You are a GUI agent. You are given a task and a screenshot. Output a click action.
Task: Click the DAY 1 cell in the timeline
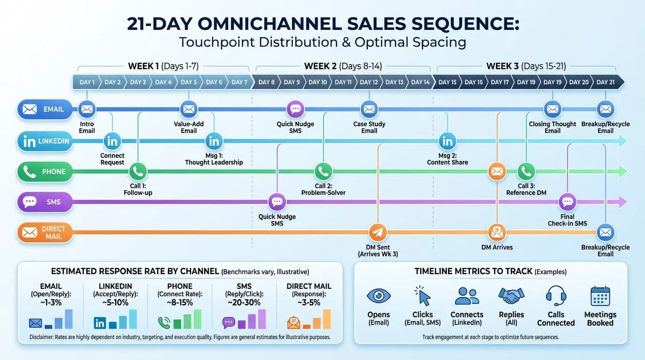pos(87,82)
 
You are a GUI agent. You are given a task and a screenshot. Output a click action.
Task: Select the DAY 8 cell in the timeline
pos(266,82)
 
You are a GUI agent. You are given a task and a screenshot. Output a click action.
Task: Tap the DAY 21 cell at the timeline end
pos(606,82)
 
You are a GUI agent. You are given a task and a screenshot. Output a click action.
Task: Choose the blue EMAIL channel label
pos(45,109)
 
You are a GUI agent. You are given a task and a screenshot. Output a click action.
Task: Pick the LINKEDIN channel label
pos(45,141)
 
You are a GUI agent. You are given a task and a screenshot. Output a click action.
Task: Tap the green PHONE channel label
pos(45,172)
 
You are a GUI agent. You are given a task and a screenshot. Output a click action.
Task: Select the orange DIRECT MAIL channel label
pos(45,232)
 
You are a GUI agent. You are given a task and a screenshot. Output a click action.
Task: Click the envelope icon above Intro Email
pos(87,109)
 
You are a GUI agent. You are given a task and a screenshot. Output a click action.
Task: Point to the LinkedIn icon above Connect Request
pos(112,141)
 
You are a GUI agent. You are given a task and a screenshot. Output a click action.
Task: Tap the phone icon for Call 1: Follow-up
pos(138,172)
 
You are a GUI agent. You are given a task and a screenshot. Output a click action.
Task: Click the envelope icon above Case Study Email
pos(369,109)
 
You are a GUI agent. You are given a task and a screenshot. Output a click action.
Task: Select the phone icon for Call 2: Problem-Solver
pos(323,172)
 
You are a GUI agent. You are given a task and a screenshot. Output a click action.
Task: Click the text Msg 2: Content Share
pos(447,158)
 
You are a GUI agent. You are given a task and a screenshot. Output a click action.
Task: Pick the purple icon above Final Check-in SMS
pos(567,202)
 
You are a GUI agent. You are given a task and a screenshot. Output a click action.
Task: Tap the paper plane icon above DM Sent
pos(377,232)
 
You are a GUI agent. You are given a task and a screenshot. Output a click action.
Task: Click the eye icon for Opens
pos(378,296)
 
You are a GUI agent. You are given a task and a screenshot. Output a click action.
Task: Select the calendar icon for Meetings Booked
pos(600,296)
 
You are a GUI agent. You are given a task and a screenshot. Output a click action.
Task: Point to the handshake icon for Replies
pos(511,296)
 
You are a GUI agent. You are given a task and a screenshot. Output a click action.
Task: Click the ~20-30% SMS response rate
pos(244,302)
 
